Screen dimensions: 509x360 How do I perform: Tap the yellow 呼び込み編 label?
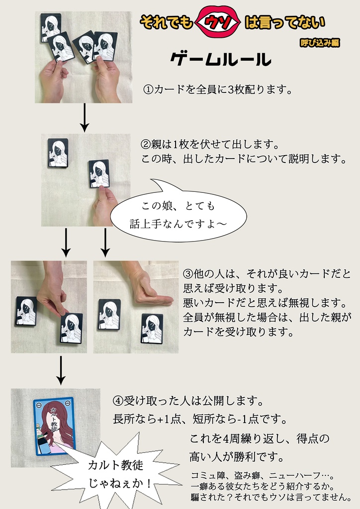[320, 43]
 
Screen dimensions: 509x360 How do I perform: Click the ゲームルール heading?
[220, 60]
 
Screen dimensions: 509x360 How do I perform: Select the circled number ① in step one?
[148, 90]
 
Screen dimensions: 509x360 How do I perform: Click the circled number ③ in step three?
[188, 274]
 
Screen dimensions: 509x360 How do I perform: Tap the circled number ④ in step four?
[118, 401]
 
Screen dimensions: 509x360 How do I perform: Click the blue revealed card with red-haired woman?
[54, 426]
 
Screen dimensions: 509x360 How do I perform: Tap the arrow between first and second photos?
[85, 117]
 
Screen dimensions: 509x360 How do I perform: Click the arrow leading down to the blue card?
[61, 370]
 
